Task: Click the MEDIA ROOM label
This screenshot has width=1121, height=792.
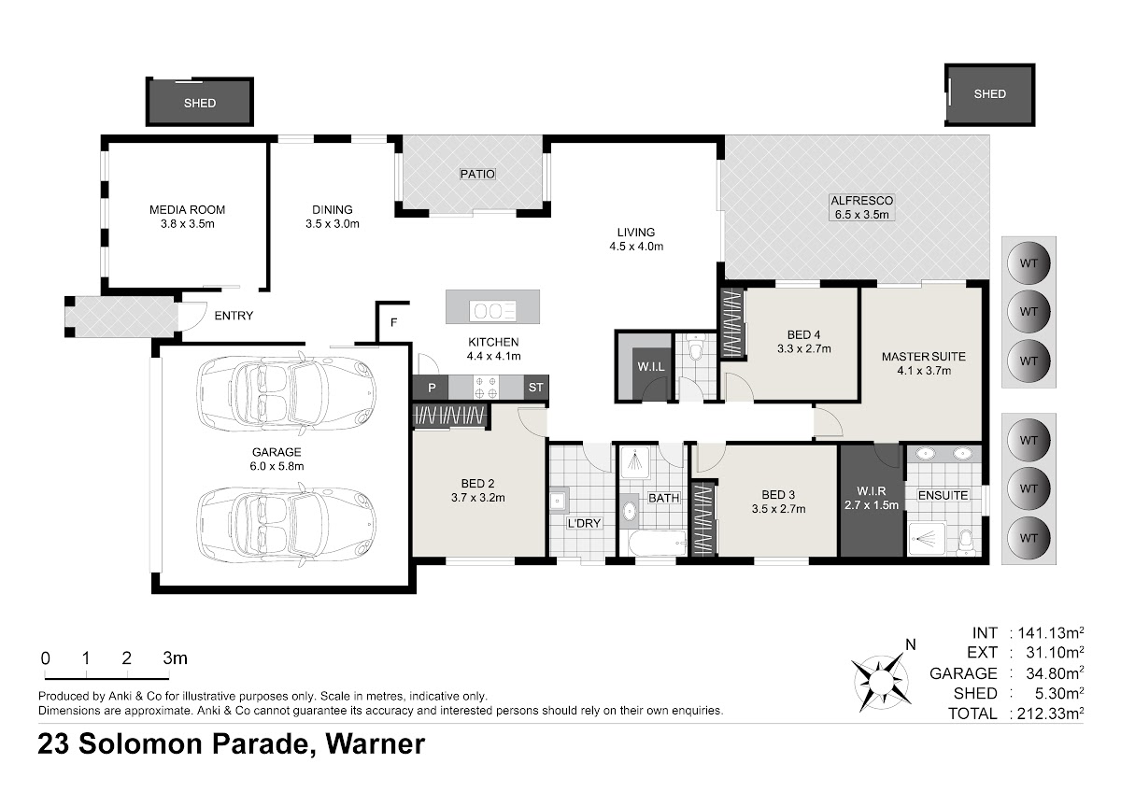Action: (187, 209)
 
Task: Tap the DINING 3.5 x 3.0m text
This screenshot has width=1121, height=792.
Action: (333, 217)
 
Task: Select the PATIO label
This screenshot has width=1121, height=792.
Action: (477, 174)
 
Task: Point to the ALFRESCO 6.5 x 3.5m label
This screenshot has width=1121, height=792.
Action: (861, 207)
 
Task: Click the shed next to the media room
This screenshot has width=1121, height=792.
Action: (200, 102)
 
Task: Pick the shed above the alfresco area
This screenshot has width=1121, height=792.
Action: (989, 94)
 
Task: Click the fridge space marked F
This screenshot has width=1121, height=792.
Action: (394, 323)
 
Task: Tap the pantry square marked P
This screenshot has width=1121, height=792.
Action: (431, 388)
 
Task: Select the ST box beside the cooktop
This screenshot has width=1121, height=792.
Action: (535, 388)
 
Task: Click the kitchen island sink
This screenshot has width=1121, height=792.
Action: (493, 311)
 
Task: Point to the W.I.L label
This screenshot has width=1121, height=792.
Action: (650, 367)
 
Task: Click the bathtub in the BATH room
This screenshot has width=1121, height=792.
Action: (657, 544)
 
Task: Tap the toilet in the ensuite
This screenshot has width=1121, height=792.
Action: (965, 543)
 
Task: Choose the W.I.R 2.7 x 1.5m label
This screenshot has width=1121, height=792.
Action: (872, 498)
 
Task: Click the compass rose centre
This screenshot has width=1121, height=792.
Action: (880, 682)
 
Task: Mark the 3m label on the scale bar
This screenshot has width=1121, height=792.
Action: (176, 658)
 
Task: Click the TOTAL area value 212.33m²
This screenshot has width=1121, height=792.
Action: (1050, 713)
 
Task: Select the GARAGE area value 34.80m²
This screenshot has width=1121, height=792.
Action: (1055, 673)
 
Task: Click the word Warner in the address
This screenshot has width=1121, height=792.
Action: (376, 743)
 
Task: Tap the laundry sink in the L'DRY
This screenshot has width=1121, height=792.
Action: (559, 500)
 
